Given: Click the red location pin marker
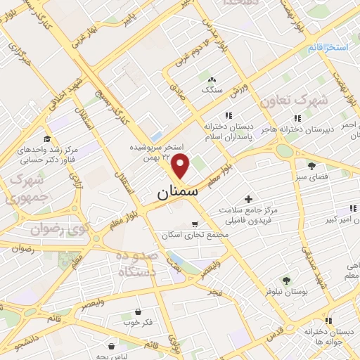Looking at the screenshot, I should coord(181,167).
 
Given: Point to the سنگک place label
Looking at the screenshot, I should coord(210,90).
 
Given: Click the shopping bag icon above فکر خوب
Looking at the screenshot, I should coord(138,311).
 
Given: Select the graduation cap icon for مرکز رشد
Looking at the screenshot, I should coord(47,139).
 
